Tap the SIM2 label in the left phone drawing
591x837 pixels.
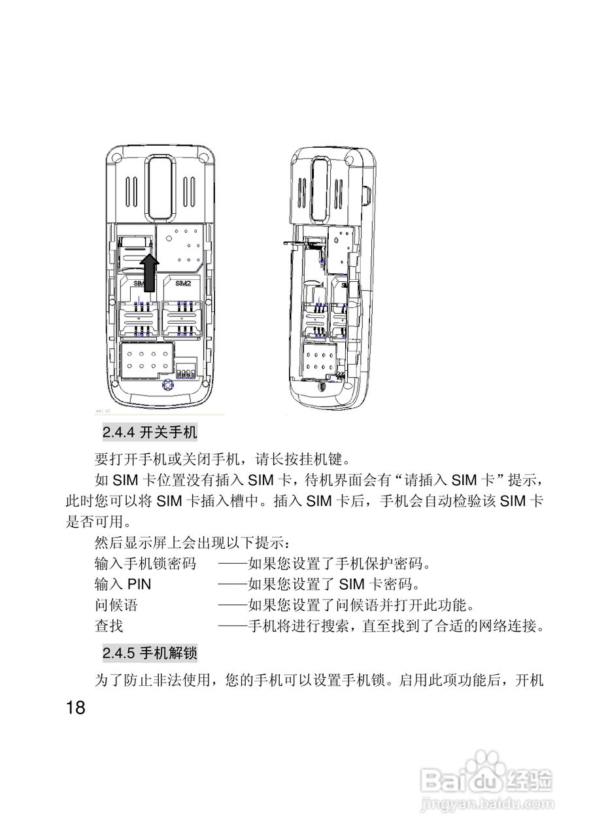183,284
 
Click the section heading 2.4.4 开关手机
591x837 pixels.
150,432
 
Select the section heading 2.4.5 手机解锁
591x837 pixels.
150,653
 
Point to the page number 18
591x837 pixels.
76,708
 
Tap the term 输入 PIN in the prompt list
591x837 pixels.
123,583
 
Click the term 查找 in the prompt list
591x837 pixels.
109,626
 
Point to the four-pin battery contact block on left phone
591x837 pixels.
186,372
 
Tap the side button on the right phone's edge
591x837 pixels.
369,194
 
